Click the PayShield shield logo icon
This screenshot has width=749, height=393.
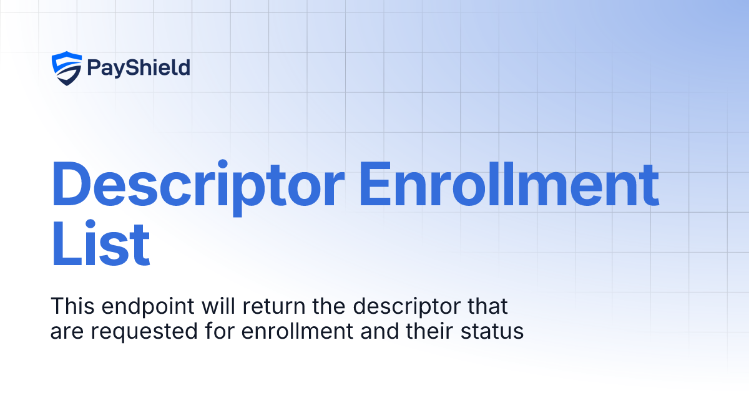[x=67, y=68]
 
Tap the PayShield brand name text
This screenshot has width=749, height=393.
[x=139, y=68]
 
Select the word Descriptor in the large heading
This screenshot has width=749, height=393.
[x=197, y=185]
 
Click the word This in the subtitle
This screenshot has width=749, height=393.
[x=71, y=307]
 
